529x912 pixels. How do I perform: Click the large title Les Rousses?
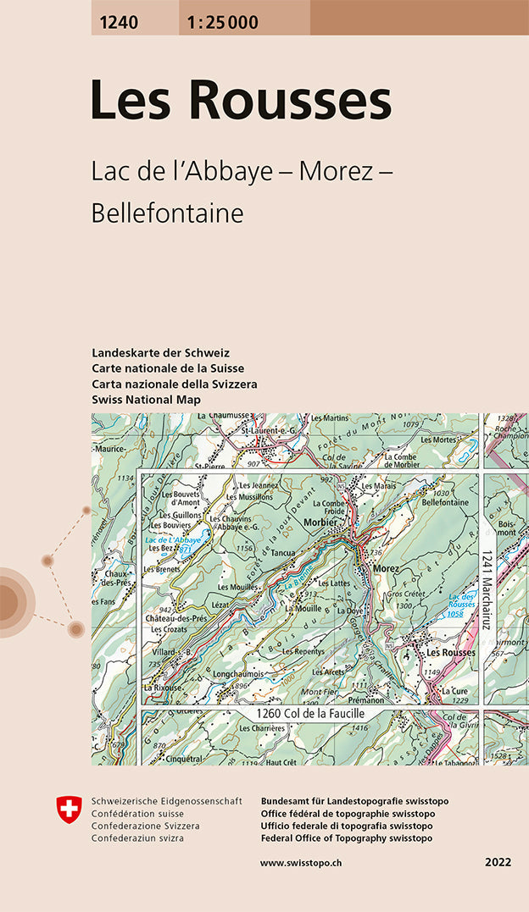point(241,100)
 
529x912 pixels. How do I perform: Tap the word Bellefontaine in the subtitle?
point(167,213)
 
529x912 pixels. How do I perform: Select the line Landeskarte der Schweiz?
point(160,352)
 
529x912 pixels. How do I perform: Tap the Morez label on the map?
point(386,567)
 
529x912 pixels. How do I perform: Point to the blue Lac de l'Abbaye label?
point(173,540)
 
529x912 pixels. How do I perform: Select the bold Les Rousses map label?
point(451,653)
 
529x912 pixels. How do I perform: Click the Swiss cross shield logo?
point(68,809)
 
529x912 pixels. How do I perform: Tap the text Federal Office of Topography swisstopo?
point(347,838)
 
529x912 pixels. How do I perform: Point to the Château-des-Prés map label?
point(177,618)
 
